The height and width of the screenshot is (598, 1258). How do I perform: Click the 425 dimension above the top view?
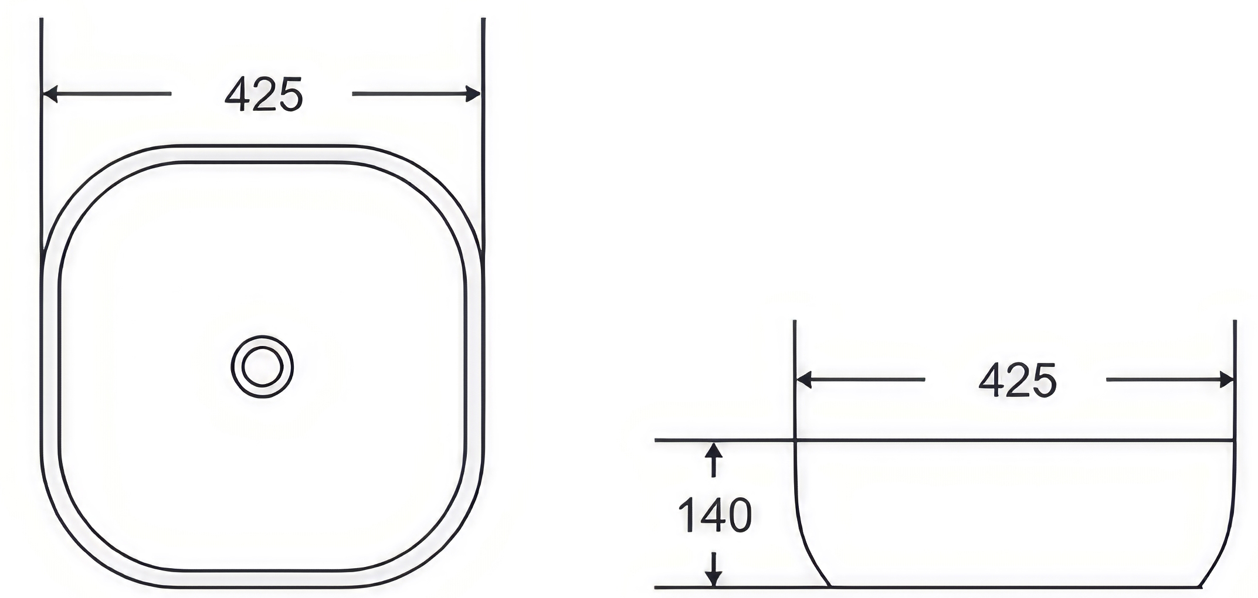264,94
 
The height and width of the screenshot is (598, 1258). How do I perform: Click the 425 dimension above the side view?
1018,380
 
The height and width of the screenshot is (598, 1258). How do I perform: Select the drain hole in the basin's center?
262,367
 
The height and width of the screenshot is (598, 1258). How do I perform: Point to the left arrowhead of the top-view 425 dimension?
50,94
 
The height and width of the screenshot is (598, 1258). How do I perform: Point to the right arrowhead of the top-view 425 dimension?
473,94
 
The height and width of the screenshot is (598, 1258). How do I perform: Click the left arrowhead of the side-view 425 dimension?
804,380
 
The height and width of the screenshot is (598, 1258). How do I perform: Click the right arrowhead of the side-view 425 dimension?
1226,380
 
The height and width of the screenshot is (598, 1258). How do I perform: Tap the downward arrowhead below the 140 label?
713,577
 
